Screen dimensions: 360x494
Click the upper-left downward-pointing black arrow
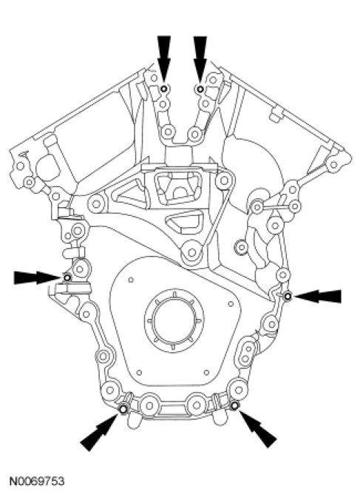[x=164, y=58]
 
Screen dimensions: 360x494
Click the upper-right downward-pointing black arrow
[x=200, y=59]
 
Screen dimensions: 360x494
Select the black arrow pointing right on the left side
[x=37, y=277]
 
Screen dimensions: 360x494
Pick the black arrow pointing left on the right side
[x=318, y=296]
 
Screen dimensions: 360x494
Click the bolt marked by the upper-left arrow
[x=163, y=89]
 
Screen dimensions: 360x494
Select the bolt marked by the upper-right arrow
[x=200, y=89]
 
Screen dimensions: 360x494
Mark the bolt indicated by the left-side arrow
[x=67, y=277]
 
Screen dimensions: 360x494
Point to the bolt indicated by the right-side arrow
[x=288, y=296]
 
